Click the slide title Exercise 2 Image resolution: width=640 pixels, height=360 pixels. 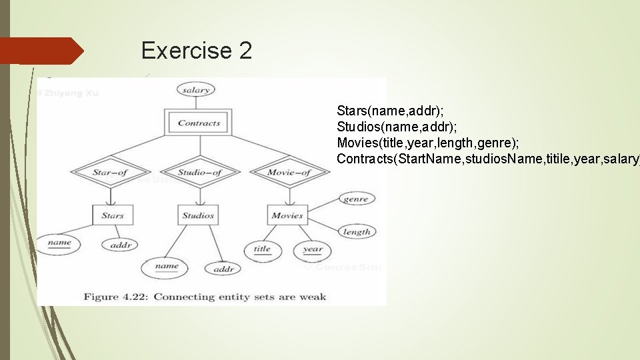[197, 51]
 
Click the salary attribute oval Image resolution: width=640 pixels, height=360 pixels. [195, 90]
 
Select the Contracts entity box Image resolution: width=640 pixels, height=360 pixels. [199, 123]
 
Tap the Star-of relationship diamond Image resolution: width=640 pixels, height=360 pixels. [111, 173]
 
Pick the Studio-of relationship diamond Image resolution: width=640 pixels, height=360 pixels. [200, 173]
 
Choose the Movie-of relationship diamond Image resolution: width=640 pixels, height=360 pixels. [289, 173]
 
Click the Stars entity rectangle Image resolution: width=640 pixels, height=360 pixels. [112, 215]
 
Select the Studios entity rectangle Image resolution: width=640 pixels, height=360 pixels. [198, 215]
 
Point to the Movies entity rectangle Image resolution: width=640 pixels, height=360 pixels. [287, 215]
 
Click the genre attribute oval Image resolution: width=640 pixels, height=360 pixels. [356, 199]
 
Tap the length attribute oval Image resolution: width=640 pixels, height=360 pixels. [357, 232]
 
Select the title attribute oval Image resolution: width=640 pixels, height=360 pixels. [263, 250]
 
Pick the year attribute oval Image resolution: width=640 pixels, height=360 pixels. [312, 251]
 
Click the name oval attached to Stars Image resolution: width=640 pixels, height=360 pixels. [59, 243]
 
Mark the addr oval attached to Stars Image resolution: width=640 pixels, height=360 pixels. [121, 245]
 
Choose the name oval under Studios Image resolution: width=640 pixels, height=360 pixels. [166, 267]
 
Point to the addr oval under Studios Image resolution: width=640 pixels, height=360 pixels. [223, 269]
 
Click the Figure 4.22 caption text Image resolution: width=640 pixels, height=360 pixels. [205, 296]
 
